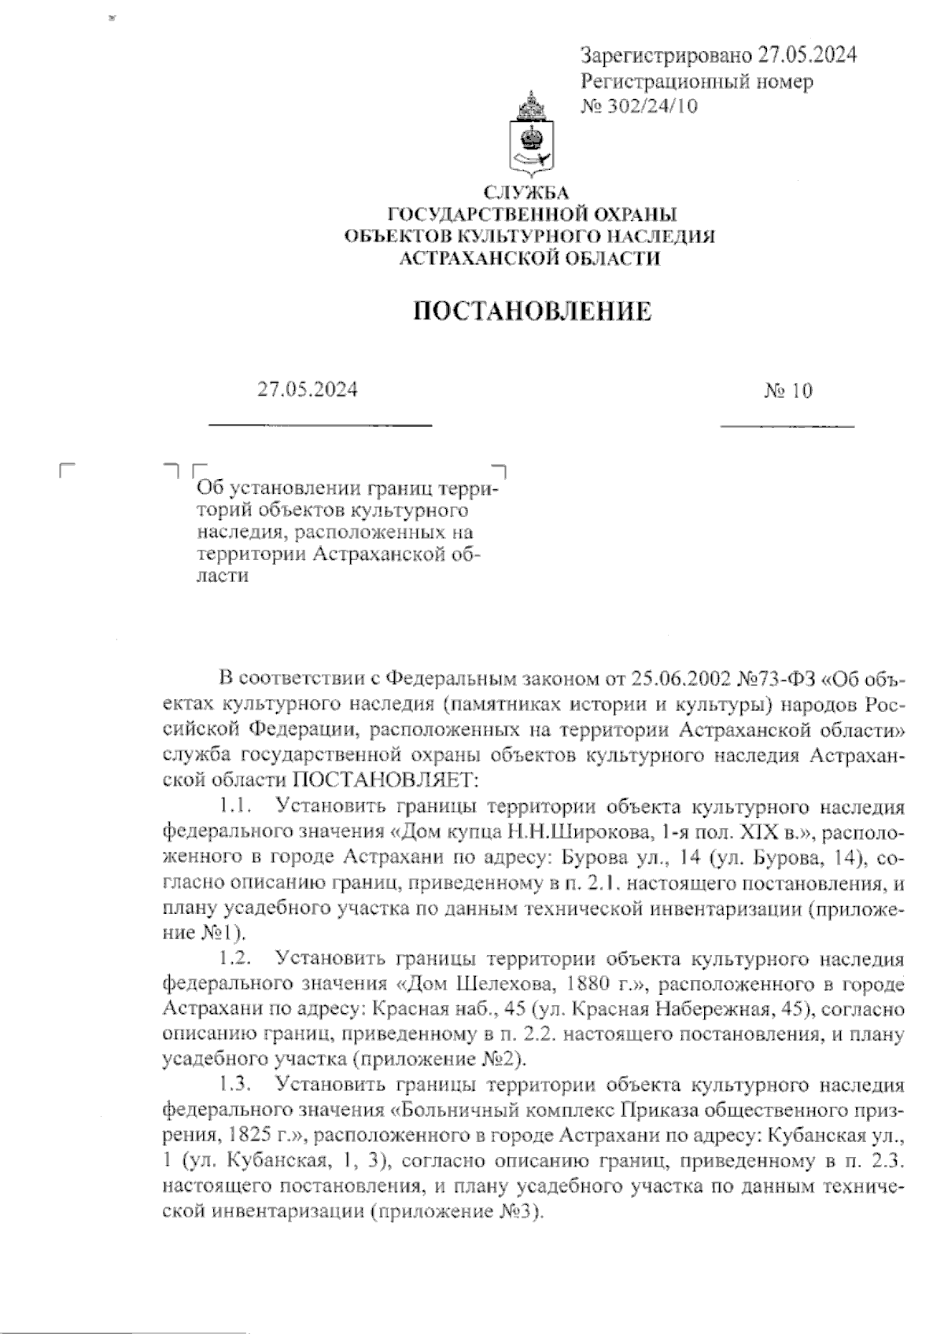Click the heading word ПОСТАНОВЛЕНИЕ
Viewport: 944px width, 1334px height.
pyautogui.click(x=533, y=311)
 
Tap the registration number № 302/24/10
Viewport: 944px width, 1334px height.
pyautogui.click(x=639, y=106)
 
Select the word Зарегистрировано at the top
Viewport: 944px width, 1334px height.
pyautogui.click(x=666, y=55)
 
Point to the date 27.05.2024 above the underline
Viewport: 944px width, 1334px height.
pyautogui.click(x=308, y=389)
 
